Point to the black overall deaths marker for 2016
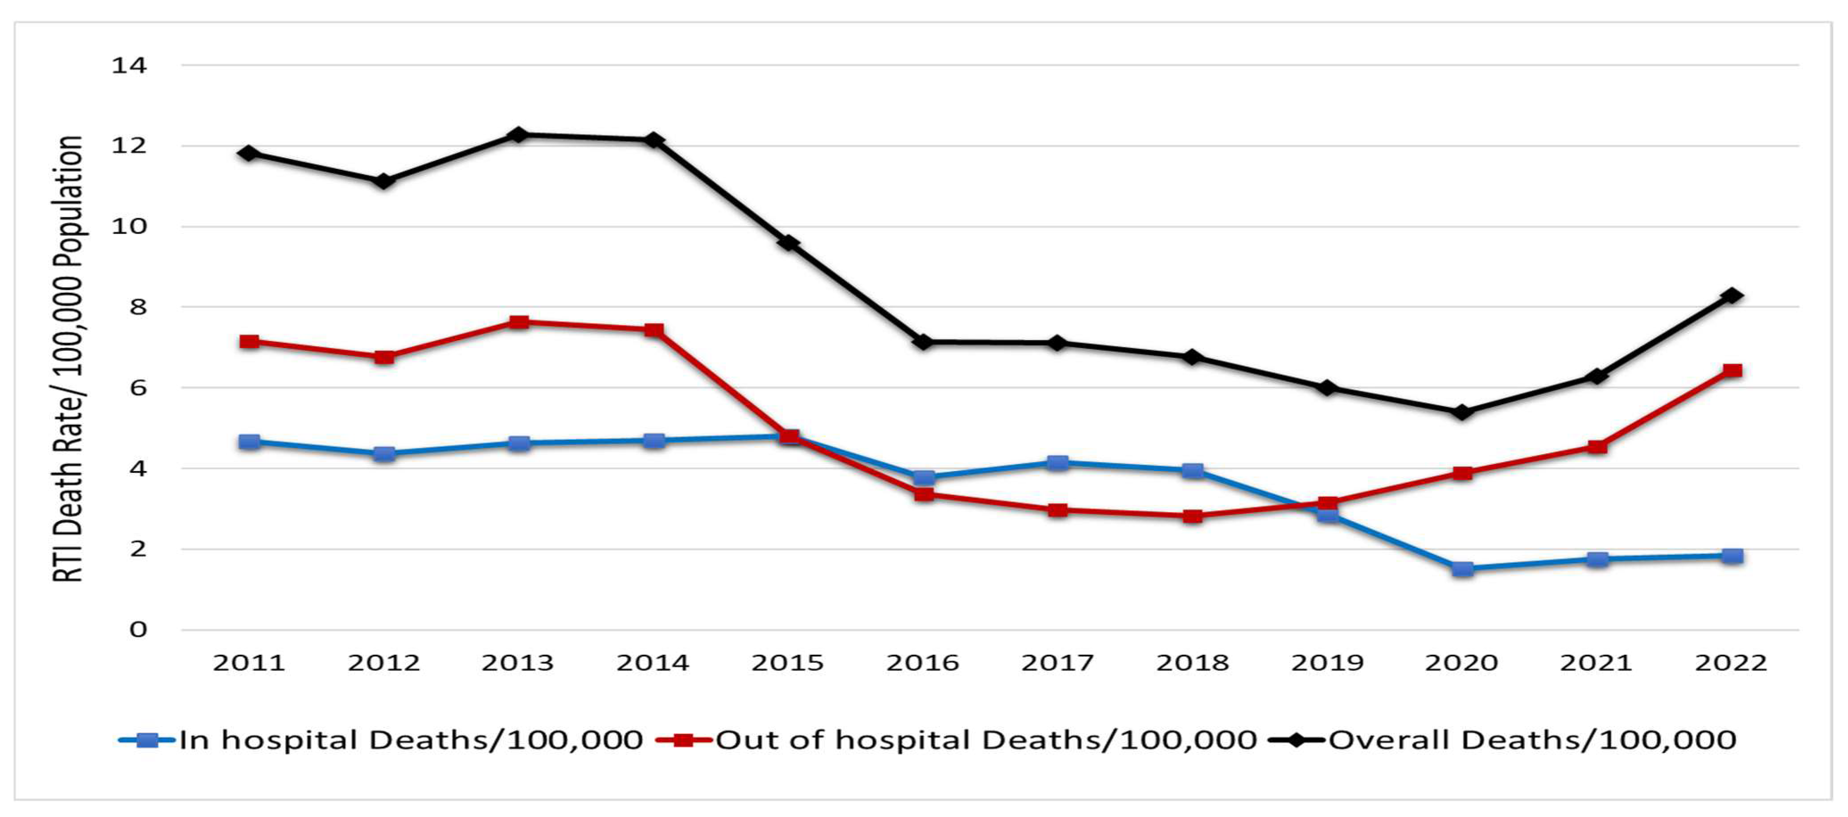pyautogui.click(x=923, y=342)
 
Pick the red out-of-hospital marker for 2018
pyautogui.click(x=1192, y=516)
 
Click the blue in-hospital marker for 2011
pyautogui.click(x=249, y=441)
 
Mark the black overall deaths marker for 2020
pyautogui.click(x=1462, y=412)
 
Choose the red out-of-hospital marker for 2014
pyautogui.click(x=653, y=330)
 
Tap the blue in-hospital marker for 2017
pyautogui.click(x=1057, y=463)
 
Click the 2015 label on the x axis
pyautogui.click(x=788, y=663)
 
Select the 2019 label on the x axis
pyautogui.click(x=1327, y=663)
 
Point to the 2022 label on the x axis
pyautogui.click(x=1731, y=663)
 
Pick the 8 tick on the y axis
pyautogui.click(x=137, y=307)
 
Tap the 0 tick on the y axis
pyautogui.click(x=138, y=630)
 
